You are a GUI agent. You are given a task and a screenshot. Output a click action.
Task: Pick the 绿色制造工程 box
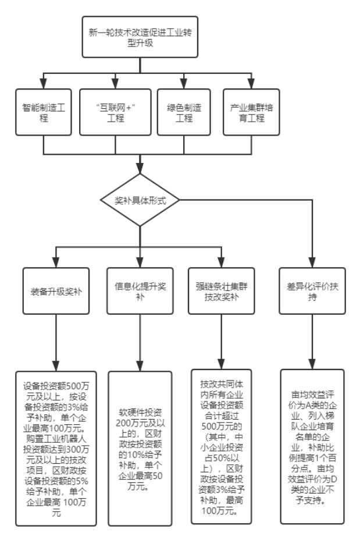[184, 112]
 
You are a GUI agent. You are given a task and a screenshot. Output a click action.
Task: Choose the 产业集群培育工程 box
[251, 112]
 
